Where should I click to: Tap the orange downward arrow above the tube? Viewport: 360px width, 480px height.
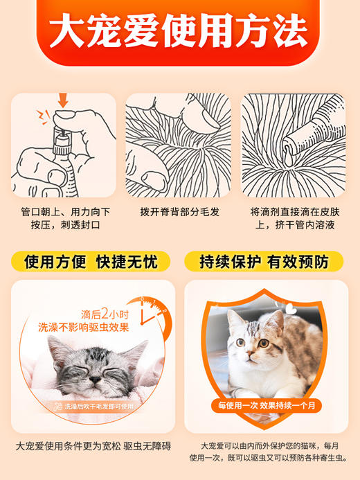tap(63, 102)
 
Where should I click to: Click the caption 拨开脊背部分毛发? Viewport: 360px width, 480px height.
tap(179, 211)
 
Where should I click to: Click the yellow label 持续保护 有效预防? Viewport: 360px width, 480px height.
tap(271, 263)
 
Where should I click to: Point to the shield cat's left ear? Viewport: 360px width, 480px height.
tap(233, 319)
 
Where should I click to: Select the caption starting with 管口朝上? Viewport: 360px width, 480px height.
tap(63, 217)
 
